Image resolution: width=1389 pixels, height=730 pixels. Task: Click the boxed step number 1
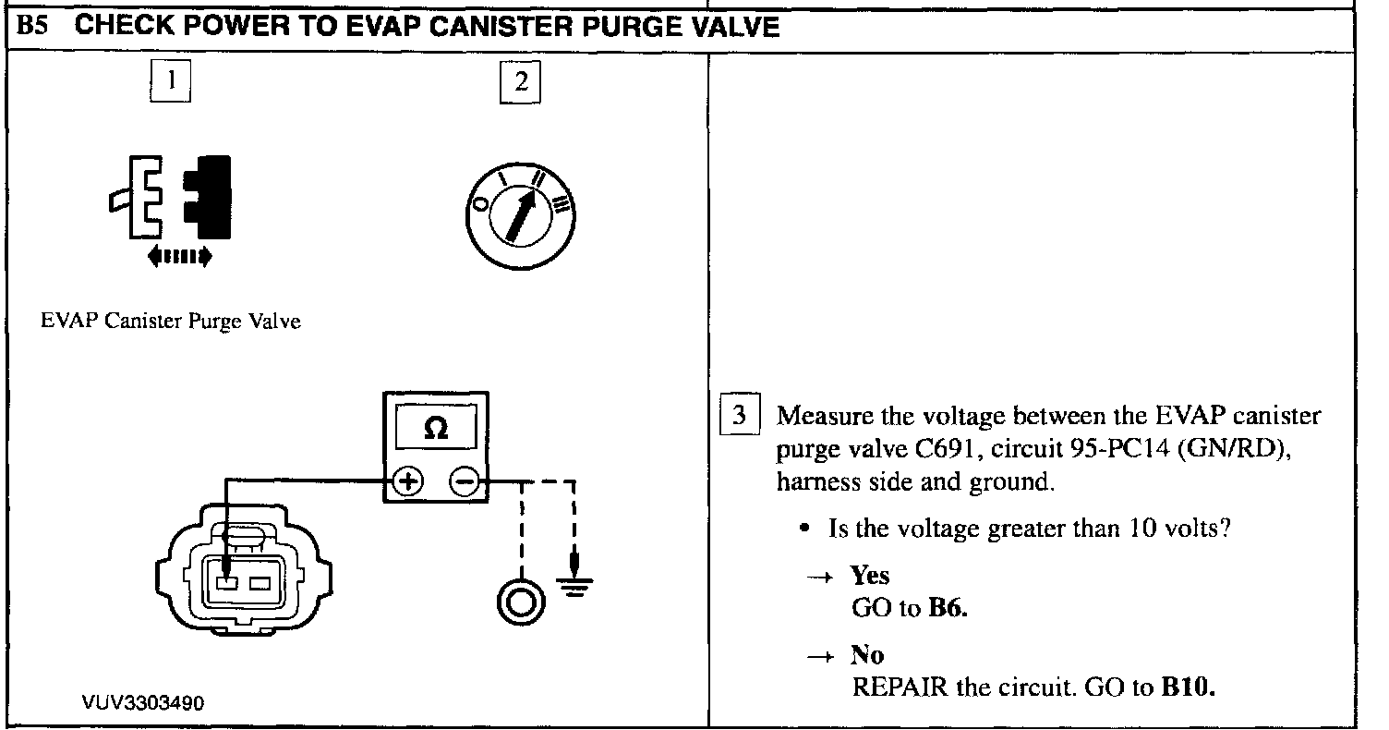point(169,82)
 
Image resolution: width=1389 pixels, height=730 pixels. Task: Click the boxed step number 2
point(520,82)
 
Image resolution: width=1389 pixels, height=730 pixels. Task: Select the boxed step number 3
point(739,415)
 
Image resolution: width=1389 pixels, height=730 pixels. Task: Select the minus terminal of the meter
point(465,481)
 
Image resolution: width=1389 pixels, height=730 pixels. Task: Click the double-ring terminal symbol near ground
point(518,603)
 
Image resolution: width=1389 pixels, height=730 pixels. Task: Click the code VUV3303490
point(142,703)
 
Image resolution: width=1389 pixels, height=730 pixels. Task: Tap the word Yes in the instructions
point(869,576)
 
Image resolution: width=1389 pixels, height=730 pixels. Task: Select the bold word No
point(867,655)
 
